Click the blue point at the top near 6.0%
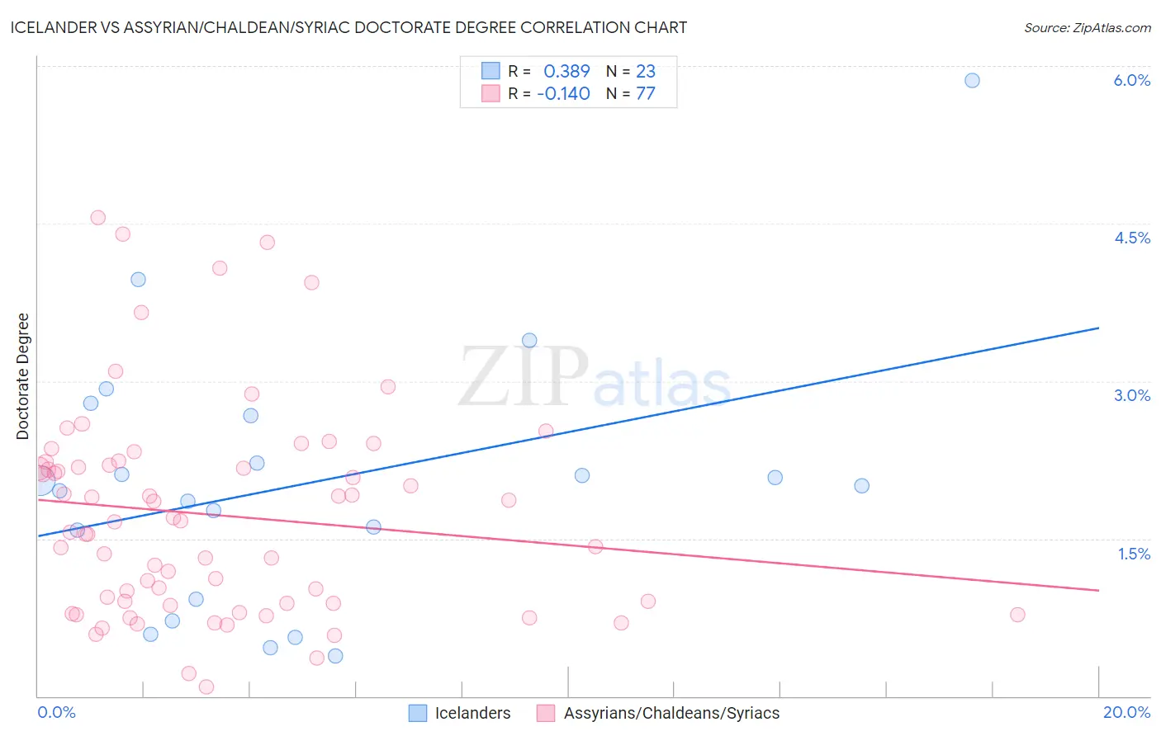[x=972, y=80]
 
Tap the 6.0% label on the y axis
[x=1131, y=80]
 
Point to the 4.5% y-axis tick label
[x=1131, y=238]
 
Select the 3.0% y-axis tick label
[x=1131, y=395]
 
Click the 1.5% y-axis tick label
[x=1134, y=554]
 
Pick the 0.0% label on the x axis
[x=56, y=712]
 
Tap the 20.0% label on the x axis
[x=1126, y=712]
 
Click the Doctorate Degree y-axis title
[x=23, y=376]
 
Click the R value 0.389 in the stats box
[x=566, y=72]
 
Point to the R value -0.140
[x=563, y=94]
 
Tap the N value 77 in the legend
[x=646, y=94]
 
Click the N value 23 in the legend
[x=646, y=72]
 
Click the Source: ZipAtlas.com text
[x=1087, y=28]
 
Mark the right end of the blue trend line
[x=1098, y=328]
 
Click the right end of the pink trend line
[x=1098, y=590]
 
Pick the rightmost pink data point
[x=1017, y=615]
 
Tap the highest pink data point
[x=97, y=218]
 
